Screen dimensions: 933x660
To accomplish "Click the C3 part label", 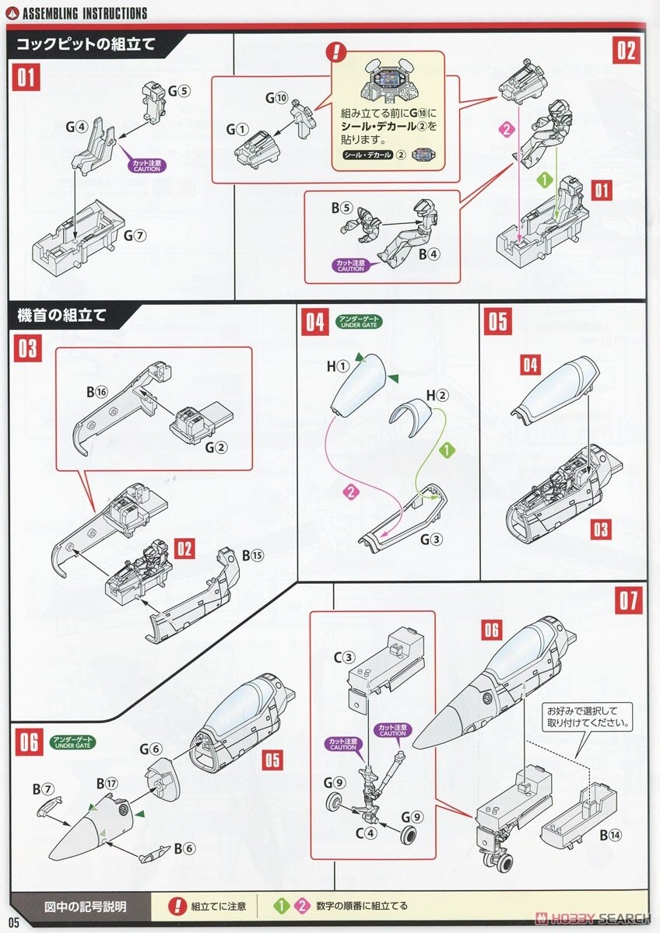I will point(345,658).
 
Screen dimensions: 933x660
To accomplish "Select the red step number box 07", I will point(628,601).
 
